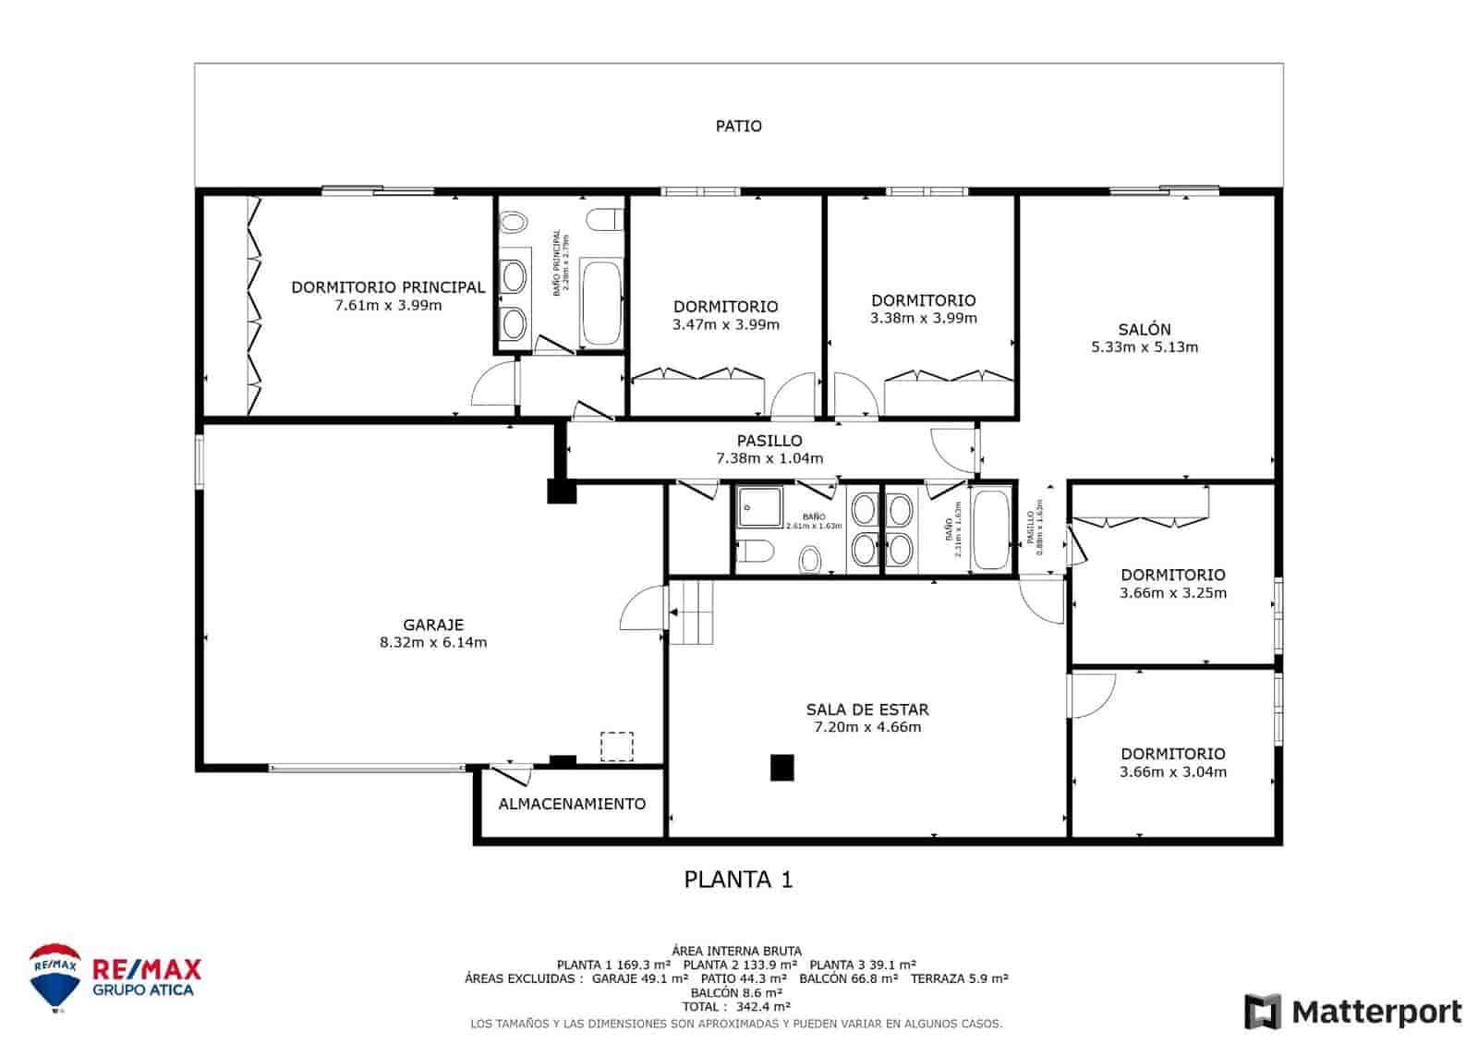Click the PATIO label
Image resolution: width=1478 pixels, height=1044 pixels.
(738, 126)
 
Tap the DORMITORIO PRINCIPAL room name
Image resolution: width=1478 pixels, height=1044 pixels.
(388, 287)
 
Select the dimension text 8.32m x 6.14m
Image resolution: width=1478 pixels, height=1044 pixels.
(433, 642)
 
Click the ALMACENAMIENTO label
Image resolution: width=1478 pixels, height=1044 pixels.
(572, 804)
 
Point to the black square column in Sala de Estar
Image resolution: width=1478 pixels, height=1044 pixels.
(782, 768)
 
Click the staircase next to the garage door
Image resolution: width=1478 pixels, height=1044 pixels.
(692, 612)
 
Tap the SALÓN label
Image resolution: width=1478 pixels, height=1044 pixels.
(1144, 329)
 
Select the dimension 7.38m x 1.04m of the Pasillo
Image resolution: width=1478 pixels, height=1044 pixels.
(769, 458)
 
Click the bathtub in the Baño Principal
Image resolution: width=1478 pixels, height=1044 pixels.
(601, 303)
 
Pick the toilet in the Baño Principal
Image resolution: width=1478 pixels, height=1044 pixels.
(605, 220)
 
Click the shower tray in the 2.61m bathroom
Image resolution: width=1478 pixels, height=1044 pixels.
(759, 506)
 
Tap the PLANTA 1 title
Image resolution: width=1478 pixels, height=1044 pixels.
(738, 880)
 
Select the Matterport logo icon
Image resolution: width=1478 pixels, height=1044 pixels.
(1263, 1012)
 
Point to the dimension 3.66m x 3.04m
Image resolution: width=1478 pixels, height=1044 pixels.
(1173, 772)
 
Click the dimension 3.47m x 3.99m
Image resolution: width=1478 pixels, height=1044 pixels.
(725, 324)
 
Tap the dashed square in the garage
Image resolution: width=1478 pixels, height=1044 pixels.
(616, 747)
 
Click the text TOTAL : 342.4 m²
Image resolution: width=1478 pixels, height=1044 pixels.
(736, 1006)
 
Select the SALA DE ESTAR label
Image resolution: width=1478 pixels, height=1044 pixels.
(866, 710)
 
